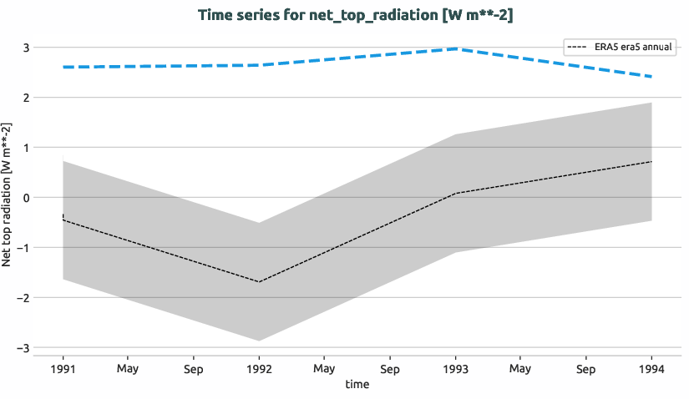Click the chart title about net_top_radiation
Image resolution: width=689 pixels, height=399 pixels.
(x=362, y=15)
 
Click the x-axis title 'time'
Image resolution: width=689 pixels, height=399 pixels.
(x=357, y=385)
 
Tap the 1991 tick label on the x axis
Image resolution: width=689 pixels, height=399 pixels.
(x=63, y=368)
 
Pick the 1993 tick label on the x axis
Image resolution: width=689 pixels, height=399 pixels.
(x=455, y=368)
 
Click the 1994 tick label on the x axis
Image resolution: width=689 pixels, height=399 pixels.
(x=651, y=368)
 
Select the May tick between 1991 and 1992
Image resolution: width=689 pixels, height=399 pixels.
(x=128, y=368)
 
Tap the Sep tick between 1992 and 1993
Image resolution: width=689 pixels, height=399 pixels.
(x=389, y=368)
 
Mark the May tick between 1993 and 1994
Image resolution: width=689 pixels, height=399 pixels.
(x=520, y=368)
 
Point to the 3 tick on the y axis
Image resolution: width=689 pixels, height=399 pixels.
(x=27, y=48)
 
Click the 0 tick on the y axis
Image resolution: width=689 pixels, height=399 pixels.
(x=27, y=198)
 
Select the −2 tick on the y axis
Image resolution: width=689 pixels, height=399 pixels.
(x=23, y=298)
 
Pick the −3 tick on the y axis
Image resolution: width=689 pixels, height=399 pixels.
(x=23, y=348)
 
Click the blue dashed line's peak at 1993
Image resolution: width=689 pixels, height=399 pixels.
(x=456, y=48)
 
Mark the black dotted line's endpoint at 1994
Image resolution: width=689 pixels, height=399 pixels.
(x=651, y=161)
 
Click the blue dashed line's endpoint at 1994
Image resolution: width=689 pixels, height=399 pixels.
(x=651, y=77)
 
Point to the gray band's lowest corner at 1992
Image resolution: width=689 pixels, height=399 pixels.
(x=259, y=341)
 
